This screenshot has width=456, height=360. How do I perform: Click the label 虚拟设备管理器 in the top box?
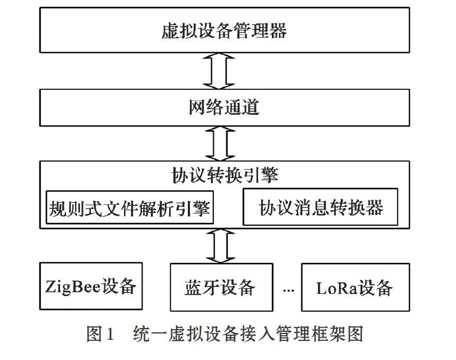coord(224,31)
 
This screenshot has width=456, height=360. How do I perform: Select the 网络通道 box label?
coord(224,107)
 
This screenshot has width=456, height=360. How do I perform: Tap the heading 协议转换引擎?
coord(225,175)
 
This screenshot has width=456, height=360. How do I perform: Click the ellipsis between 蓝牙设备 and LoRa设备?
coord(288,290)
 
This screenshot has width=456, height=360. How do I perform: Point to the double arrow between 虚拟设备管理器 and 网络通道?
coord(219,71)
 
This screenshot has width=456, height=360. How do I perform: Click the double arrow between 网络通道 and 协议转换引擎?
coord(220,144)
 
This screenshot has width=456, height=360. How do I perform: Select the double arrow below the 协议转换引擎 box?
coord(220,246)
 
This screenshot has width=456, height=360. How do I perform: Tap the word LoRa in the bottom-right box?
coord(337,288)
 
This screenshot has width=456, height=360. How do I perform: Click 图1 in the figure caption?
coord(100,333)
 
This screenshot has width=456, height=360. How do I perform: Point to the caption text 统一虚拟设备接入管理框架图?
coord(248,333)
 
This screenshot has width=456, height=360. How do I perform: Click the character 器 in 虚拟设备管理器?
coord(278,31)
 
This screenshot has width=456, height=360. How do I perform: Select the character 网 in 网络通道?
coord(197,107)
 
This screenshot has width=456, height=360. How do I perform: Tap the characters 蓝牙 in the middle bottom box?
coord(202,288)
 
